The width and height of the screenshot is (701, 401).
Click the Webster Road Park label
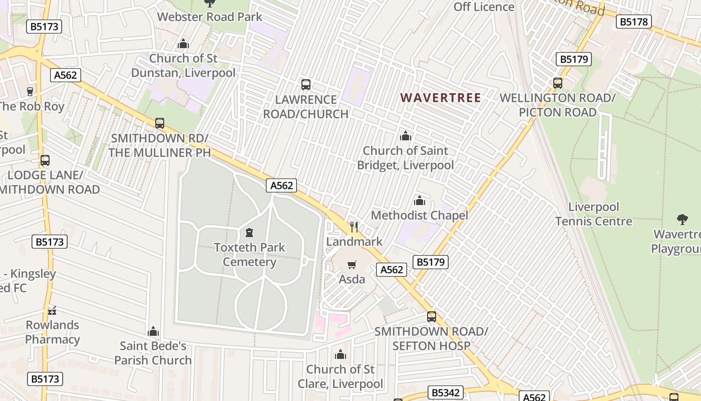[x=209, y=17]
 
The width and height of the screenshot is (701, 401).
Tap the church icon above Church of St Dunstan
[x=183, y=44]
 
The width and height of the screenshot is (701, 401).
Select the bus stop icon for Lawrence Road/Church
[x=306, y=85]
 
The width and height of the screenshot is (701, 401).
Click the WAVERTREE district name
[x=441, y=98]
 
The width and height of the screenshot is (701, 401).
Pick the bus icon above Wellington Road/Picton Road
[x=558, y=83]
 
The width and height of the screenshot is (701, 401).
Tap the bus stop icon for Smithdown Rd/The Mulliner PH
[x=160, y=123]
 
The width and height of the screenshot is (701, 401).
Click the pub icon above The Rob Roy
[x=30, y=92]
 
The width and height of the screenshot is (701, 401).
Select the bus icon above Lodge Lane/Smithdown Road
[x=45, y=160]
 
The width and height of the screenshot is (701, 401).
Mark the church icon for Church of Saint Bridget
[x=405, y=136]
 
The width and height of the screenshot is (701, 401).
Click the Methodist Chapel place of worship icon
[x=420, y=201]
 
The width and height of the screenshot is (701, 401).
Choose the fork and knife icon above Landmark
[x=354, y=227]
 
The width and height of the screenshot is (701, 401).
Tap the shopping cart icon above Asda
[x=352, y=265]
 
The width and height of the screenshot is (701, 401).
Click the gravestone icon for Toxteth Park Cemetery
[x=249, y=233]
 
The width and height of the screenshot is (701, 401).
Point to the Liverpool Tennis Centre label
[x=594, y=214]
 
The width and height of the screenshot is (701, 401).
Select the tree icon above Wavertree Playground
[x=682, y=219]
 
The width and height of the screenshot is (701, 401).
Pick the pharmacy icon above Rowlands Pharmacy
[x=52, y=311]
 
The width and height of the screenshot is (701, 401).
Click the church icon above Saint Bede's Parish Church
[x=153, y=331]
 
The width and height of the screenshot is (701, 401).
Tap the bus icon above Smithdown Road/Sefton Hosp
[x=431, y=317]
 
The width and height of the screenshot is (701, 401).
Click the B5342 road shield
[x=446, y=392]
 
